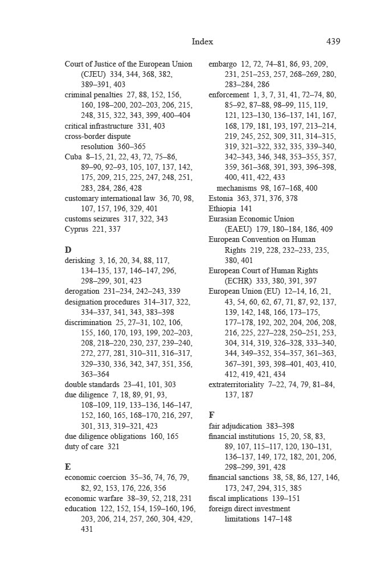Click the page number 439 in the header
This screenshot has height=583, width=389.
pos(333,42)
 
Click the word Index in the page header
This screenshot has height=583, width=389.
pos(202,42)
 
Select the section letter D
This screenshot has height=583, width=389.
pos(68,249)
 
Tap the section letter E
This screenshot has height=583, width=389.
pos(68,466)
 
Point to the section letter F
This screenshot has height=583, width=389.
pos(212,415)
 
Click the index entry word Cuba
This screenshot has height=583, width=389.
pos(73,157)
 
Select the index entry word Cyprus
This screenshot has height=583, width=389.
pos(76,229)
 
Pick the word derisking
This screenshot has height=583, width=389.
pos(80,260)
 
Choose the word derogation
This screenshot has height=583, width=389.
pos(82,291)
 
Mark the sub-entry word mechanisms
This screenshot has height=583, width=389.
pos(236,188)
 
